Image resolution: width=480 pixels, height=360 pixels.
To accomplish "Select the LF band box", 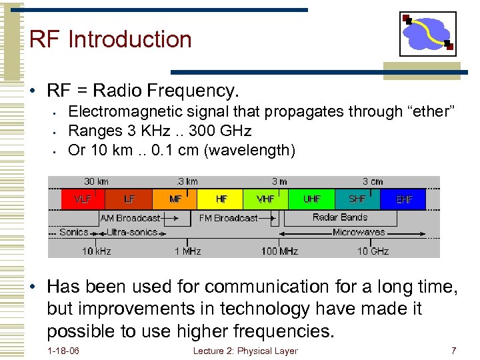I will pyautogui.click(x=129, y=199).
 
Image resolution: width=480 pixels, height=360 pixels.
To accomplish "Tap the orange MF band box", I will pyautogui.click(x=175, y=199).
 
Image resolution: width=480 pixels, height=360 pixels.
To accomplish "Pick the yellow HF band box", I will pyautogui.click(x=221, y=199).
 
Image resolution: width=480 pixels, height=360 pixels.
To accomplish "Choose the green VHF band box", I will pyautogui.click(x=265, y=199).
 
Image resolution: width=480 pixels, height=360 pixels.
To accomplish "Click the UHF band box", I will pyautogui.click(x=311, y=199).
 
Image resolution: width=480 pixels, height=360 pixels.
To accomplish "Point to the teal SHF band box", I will pyautogui.click(x=357, y=199).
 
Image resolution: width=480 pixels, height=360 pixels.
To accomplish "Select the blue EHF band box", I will pyautogui.click(x=404, y=199).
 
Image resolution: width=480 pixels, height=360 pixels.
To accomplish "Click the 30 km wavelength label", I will pyautogui.click(x=97, y=181).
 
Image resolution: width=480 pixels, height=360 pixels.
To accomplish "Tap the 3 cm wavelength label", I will pyautogui.click(x=373, y=181).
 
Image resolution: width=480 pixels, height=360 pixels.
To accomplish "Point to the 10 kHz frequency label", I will pyautogui.click(x=97, y=251).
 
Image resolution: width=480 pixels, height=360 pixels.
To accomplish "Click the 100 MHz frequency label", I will pyautogui.click(x=279, y=251).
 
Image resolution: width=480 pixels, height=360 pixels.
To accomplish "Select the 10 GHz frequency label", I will pyautogui.click(x=373, y=251).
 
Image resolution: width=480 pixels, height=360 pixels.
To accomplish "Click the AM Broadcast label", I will pyautogui.click(x=130, y=218).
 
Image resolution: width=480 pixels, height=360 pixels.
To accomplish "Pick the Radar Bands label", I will pyautogui.click(x=340, y=217).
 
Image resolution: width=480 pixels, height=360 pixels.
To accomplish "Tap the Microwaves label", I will pyautogui.click(x=359, y=232).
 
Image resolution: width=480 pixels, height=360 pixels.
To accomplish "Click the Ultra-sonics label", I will pyautogui.click(x=132, y=232).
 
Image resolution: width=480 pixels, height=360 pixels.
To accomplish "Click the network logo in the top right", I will pyautogui.click(x=428, y=33).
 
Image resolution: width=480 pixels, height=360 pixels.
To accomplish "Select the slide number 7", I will pyautogui.click(x=453, y=351).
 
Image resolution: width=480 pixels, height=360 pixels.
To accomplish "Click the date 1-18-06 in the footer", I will pyautogui.click(x=63, y=351).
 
